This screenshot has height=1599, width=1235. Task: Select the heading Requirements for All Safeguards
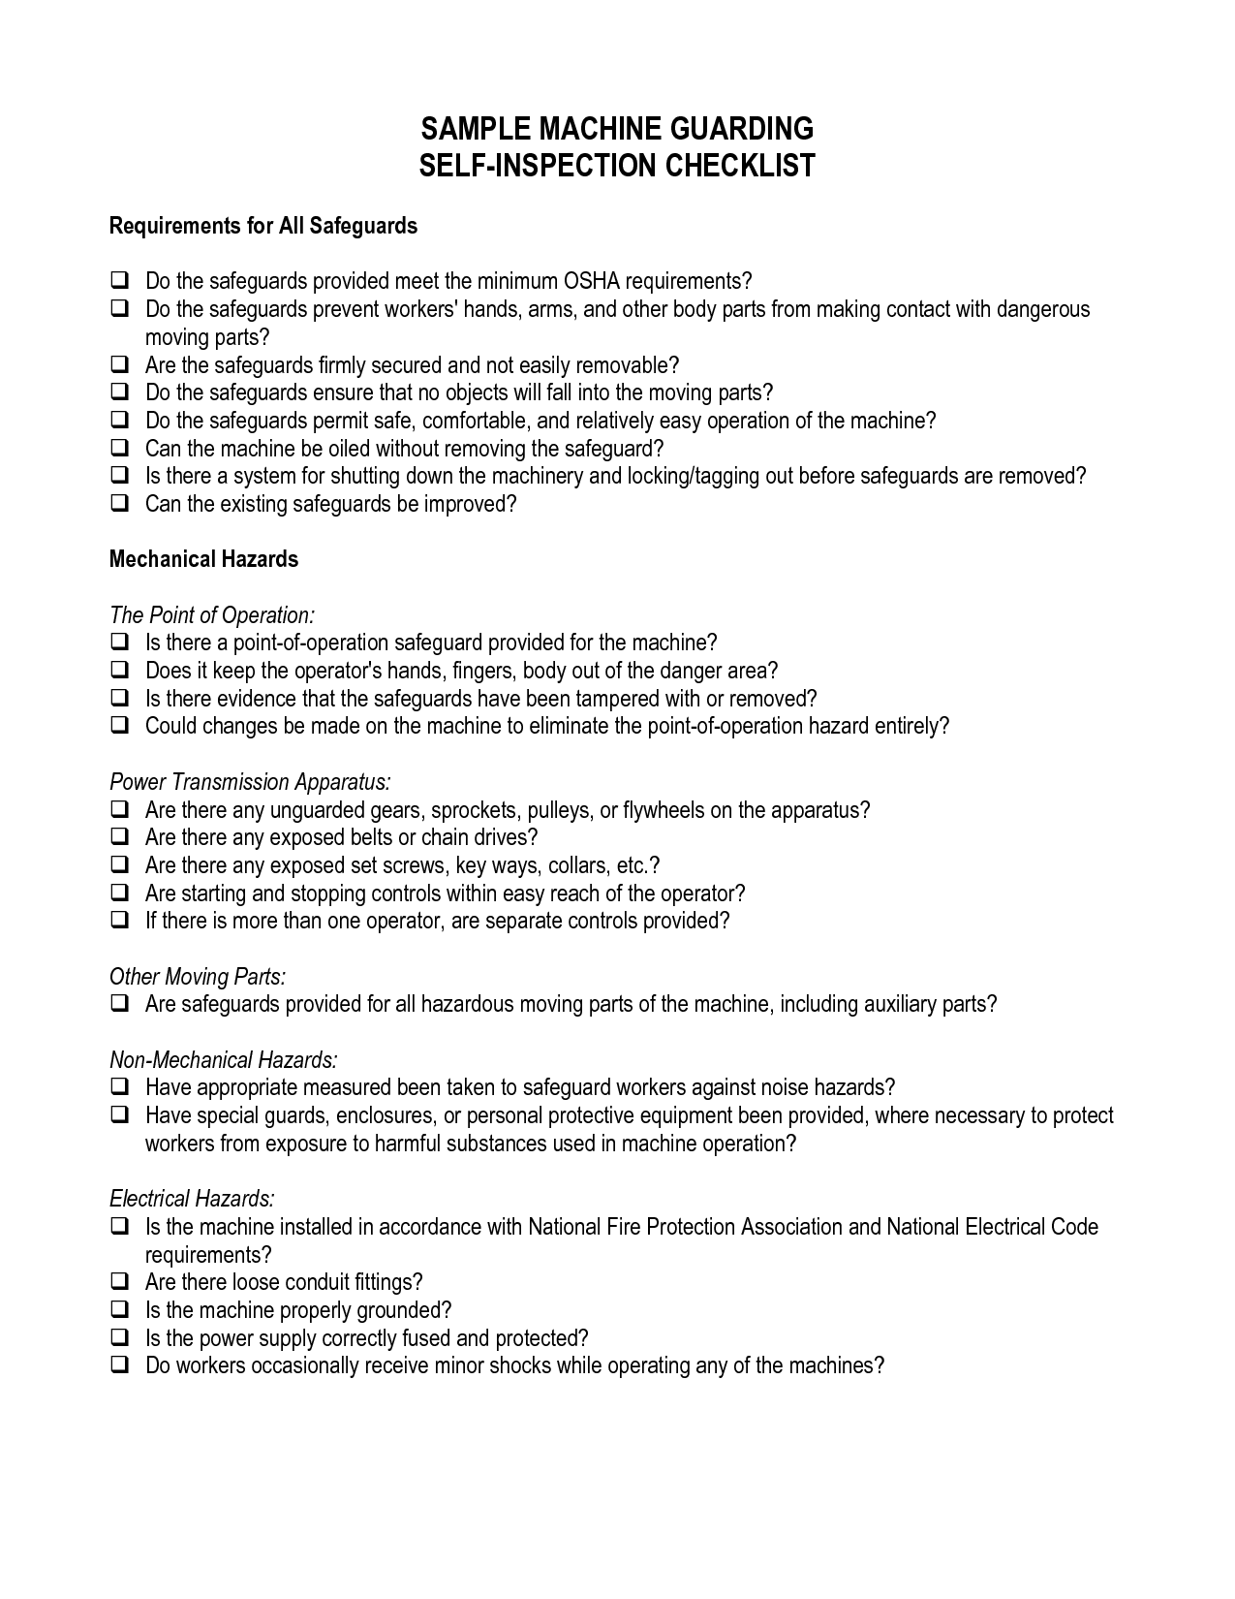pyautogui.click(x=262, y=226)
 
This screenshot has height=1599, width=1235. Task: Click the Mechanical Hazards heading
pyautogui.click(x=203, y=559)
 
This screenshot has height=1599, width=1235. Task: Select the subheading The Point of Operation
pyautogui.click(x=211, y=615)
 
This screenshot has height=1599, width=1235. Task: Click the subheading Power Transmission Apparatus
pyautogui.click(x=250, y=782)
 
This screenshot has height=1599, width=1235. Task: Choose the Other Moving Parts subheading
pyautogui.click(x=197, y=976)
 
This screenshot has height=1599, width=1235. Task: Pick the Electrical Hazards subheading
pyautogui.click(x=192, y=1199)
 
